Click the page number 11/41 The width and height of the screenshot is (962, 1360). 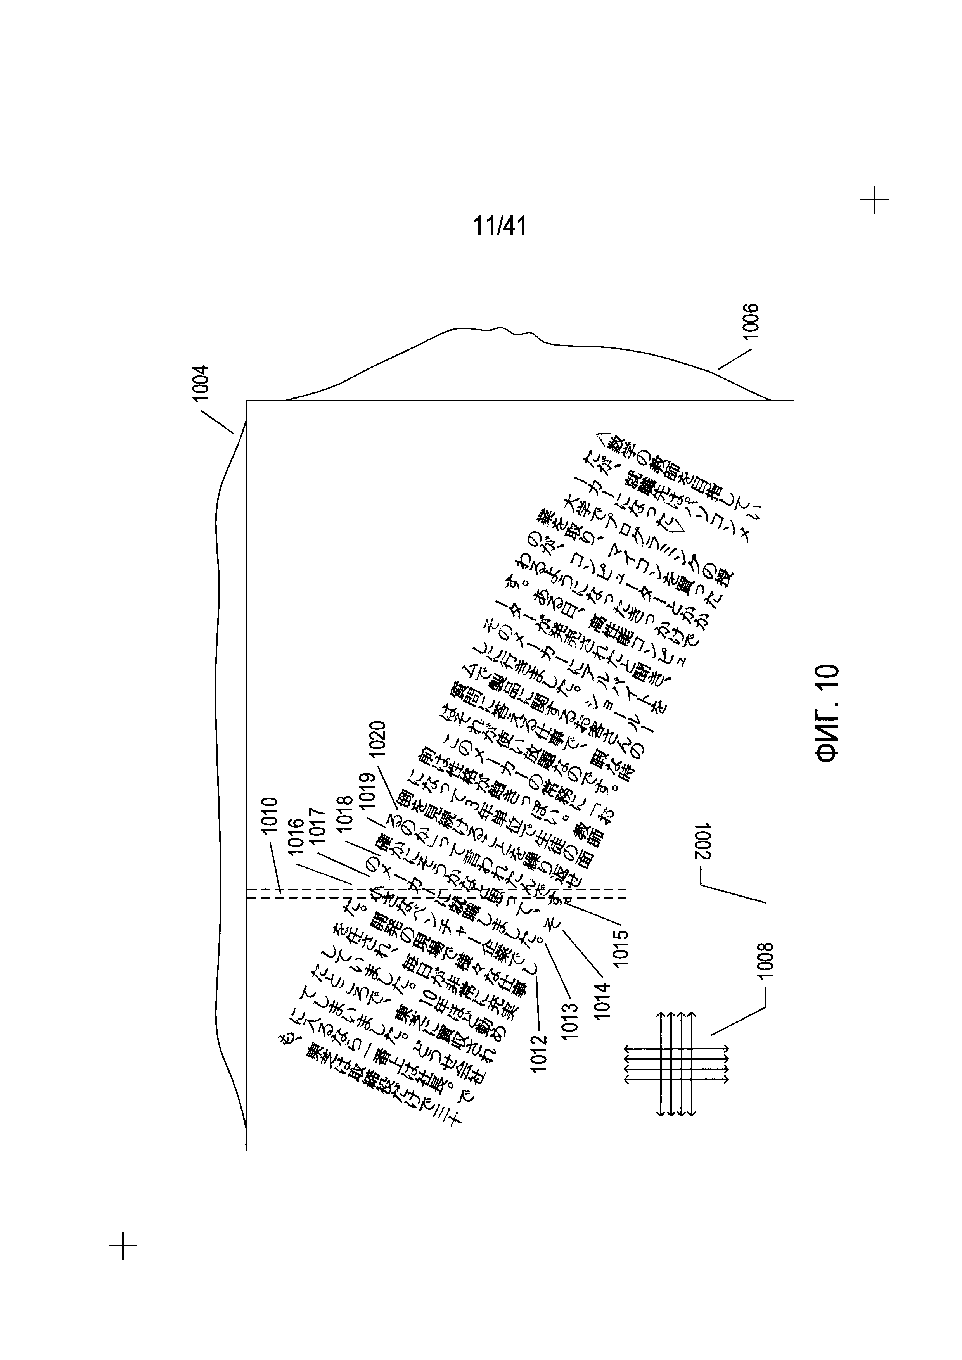pyautogui.click(x=499, y=226)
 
